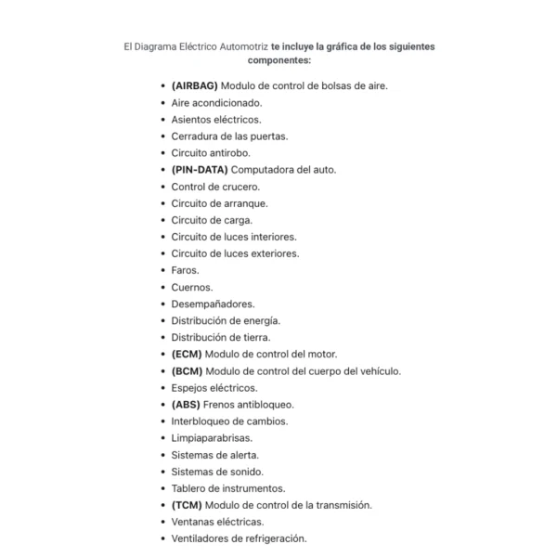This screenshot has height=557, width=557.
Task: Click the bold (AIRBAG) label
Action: pos(194,85)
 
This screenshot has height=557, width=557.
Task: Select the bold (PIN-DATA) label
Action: pos(199,169)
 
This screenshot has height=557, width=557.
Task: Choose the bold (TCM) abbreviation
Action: pos(187,505)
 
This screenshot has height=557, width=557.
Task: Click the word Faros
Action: pos(185,270)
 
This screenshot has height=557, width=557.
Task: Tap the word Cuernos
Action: pos(191,287)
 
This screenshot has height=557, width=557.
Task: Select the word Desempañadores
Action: pos(213,304)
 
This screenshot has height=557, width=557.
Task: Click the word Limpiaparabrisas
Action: pos(212,437)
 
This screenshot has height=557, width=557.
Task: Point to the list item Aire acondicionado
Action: pos(216,102)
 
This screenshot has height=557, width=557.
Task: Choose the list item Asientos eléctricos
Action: pos(216,119)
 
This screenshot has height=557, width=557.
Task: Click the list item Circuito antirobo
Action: pos(211,152)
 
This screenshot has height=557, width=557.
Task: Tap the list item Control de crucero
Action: pos(215,186)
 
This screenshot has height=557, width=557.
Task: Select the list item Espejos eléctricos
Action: pos(214,387)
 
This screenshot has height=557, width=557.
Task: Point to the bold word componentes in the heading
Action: pos(279,59)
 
